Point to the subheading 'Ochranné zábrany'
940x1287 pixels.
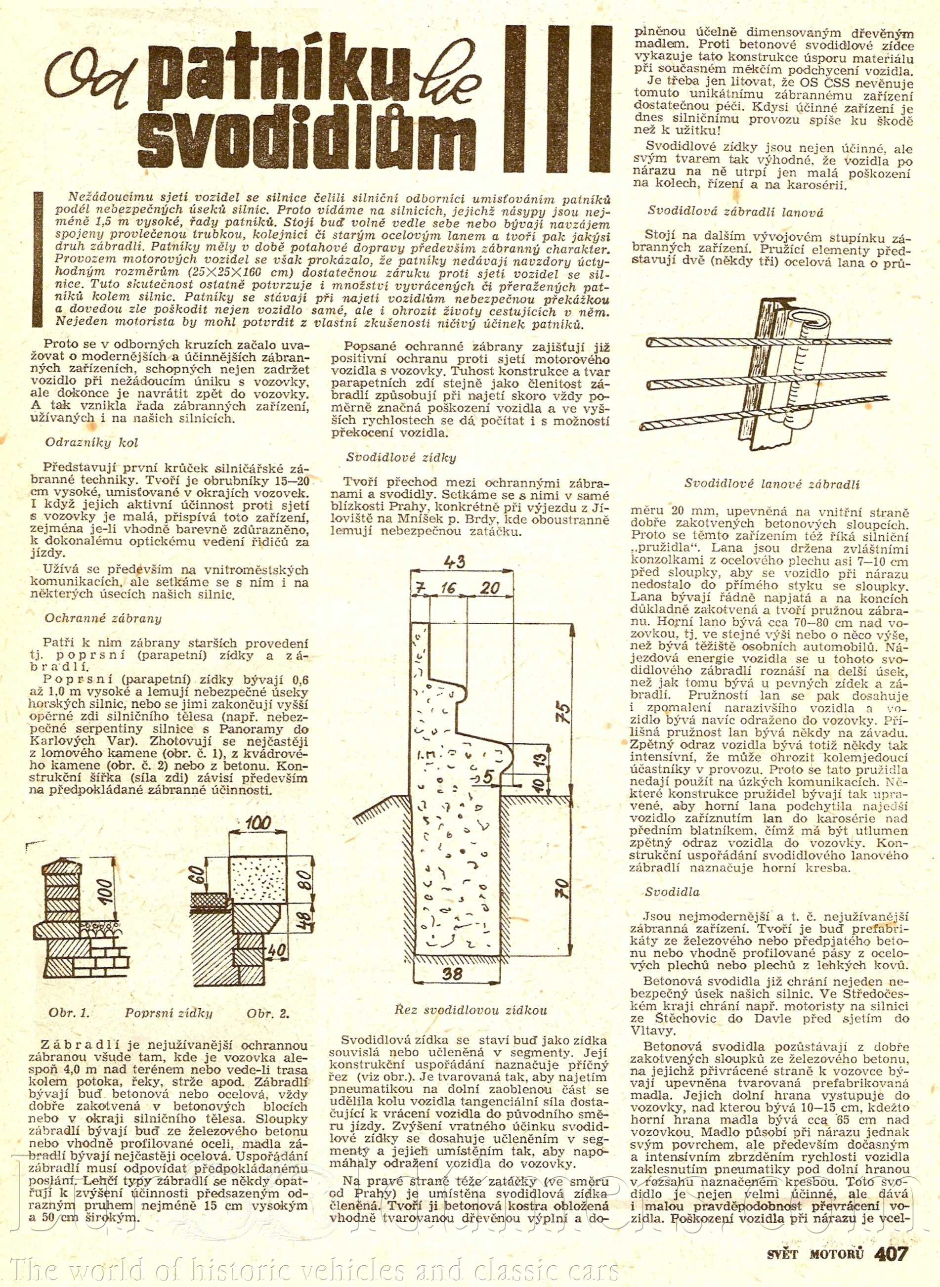click(x=103, y=618)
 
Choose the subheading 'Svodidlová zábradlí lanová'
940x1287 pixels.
click(x=736, y=212)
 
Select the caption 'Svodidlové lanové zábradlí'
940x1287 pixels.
click(x=771, y=484)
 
